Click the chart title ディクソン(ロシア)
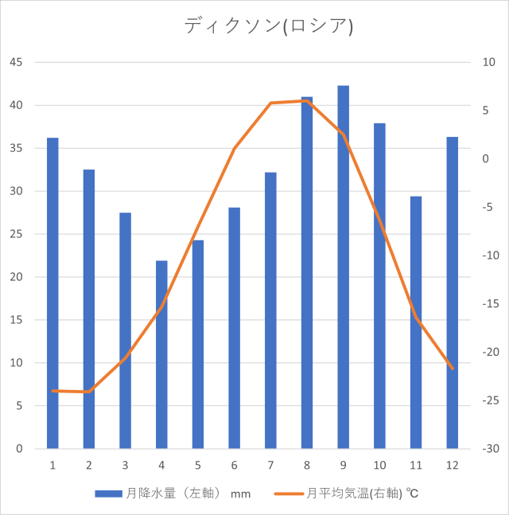(268, 25)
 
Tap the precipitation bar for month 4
(161, 354)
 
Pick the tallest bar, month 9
(344, 267)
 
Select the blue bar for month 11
(416, 322)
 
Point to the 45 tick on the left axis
(16, 62)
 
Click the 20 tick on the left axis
(16, 277)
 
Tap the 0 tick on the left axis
(19, 449)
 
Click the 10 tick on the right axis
(488, 62)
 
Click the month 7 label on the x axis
(270, 465)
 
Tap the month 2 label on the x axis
(89, 465)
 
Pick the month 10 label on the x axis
(379, 465)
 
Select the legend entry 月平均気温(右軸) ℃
(362, 494)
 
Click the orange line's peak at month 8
(307, 100)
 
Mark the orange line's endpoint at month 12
(453, 369)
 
